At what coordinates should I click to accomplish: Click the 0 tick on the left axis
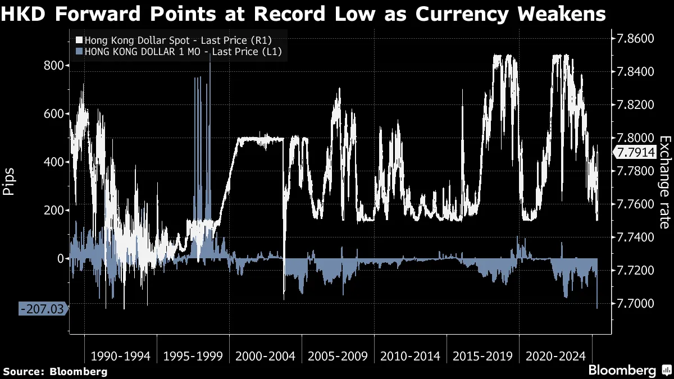(61, 259)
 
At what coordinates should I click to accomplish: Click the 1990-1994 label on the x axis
(120, 356)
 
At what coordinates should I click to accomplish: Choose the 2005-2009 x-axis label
(337, 356)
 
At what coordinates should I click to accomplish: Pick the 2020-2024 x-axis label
(554, 356)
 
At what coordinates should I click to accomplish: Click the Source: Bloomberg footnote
(55, 371)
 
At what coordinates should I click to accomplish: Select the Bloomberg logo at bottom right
(629, 371)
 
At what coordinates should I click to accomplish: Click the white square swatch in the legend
(79, 40)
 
